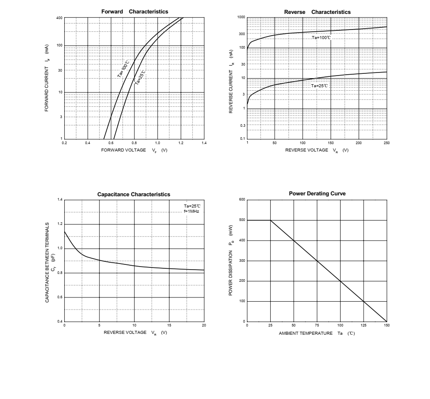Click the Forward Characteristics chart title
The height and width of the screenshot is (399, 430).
(x=135, y=12)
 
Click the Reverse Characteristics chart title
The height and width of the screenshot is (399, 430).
(x=317, y=12)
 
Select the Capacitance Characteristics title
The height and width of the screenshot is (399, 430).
(x=134, y=195)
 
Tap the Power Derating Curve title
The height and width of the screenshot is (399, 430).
(x=317, y=194)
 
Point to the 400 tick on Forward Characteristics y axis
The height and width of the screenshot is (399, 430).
(x=59, y=18)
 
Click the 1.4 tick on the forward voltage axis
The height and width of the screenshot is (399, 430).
(x=204, y=143)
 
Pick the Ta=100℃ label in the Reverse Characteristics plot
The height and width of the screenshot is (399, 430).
(x=322, y=38)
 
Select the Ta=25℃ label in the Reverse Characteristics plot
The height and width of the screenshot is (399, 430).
(x=320, y=86)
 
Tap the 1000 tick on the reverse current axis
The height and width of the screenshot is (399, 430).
(x=241, y=17)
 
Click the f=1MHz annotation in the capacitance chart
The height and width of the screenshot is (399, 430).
(x=191, y=211)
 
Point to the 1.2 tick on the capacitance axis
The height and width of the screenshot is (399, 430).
(x=60, y=224)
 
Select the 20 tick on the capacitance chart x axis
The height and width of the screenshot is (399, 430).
(x=204, y=325)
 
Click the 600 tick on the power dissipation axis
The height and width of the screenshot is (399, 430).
(x=242, y=200)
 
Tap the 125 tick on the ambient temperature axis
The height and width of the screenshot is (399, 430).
(x=364, y=325)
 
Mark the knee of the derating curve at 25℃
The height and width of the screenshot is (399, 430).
(x=270, y=220)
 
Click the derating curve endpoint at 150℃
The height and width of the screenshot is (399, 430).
(x=387, y=321)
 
